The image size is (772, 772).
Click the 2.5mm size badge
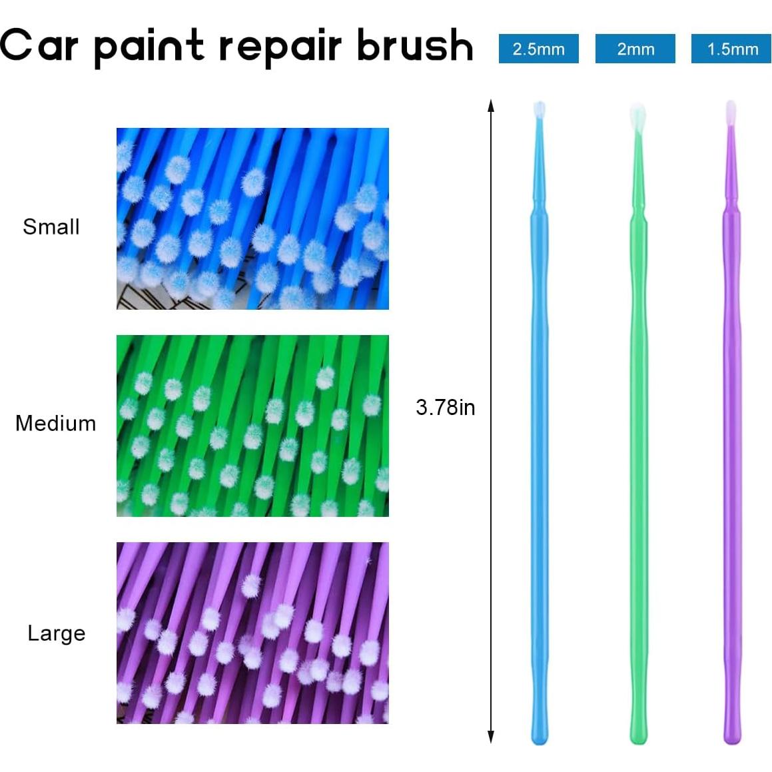(538, 49)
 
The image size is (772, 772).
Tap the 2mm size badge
(635, 49)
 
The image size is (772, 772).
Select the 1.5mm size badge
(731, 49)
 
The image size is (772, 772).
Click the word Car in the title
(39, 45)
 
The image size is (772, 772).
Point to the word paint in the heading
(149, 47)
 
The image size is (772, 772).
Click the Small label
(51, 226)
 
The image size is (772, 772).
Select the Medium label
(56, 423)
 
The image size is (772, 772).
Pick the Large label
(57, 633)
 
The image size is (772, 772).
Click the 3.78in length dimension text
(446, 407)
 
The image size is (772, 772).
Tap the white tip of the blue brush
(540, 110)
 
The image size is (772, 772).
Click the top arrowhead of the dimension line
(491, 105)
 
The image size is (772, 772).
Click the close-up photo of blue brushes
(252, 218)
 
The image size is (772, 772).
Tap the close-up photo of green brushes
(252, 426)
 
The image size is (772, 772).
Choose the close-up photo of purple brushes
(252, 633)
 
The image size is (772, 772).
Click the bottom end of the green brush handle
(638, 736)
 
